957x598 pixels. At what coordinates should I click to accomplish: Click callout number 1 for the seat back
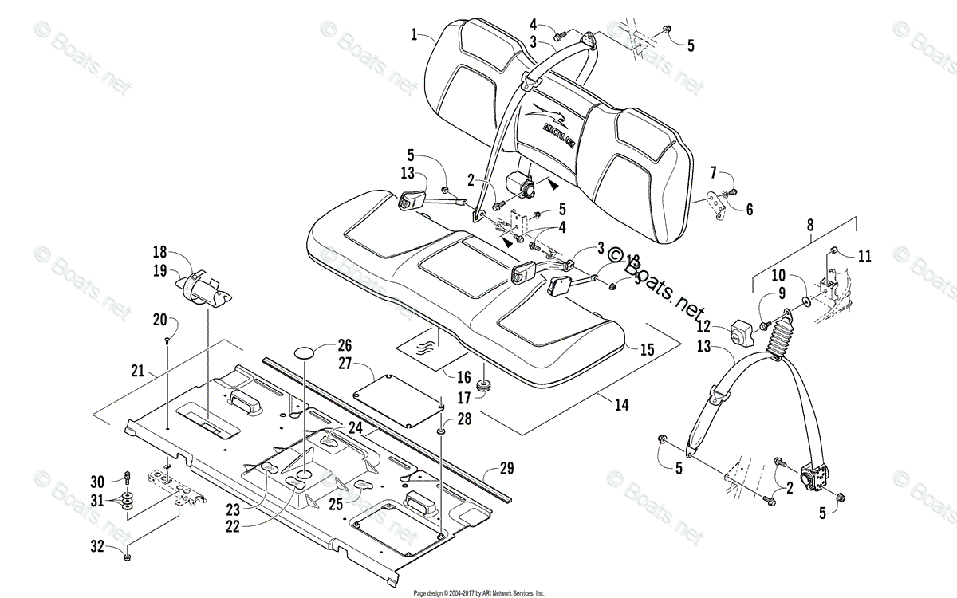[415, 34]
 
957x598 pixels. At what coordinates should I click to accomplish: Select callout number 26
[344, 345]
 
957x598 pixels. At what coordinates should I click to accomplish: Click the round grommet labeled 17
[482, 385]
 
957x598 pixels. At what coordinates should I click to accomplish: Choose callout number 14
[621, 406]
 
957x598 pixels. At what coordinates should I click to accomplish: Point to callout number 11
[865, 256]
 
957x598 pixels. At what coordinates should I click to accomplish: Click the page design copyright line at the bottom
[478, 593]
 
